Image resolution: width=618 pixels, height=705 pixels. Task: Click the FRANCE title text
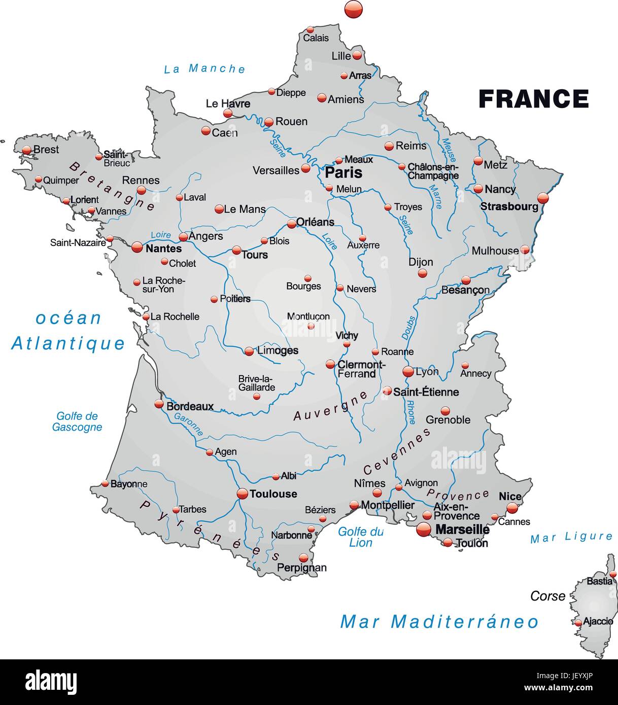click(534, 99)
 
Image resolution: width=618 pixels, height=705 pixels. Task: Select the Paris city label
click(344, 172)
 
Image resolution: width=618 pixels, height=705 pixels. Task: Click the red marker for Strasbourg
click(543, 198)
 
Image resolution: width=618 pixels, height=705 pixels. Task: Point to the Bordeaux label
click(190, 406)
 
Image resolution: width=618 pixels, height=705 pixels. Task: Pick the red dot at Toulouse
click(243, 493)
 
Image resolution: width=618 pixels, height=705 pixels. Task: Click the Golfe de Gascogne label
click(77, 421)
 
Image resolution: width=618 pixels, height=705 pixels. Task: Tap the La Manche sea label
click(204, 69)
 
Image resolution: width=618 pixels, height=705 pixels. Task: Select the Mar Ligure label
click(571, 538)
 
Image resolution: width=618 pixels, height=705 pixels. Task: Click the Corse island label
click(547, 596)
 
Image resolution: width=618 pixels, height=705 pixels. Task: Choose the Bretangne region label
click(112, 186)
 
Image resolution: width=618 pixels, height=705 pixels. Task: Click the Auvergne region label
click(330, 406)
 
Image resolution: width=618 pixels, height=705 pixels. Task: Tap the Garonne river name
click(188, 424)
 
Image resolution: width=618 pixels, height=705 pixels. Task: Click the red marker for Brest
click(27, 150)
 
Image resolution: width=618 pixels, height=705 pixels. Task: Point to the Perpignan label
click(302, 568)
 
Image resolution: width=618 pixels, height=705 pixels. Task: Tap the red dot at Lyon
click(408, 372)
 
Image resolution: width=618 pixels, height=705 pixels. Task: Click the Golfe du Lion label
click(361, 537)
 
